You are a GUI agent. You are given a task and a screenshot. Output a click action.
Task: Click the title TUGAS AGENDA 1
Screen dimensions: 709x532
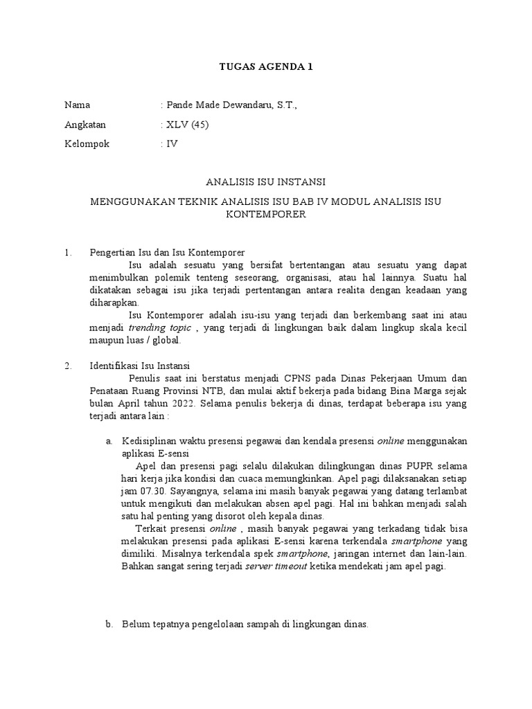266,67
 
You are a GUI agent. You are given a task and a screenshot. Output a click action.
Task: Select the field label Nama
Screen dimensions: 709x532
77,105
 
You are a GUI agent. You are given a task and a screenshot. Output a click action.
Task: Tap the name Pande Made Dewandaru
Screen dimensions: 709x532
216,105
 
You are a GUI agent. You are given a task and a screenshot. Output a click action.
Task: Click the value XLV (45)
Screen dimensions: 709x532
186,125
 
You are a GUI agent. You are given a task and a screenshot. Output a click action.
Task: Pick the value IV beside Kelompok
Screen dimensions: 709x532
171,144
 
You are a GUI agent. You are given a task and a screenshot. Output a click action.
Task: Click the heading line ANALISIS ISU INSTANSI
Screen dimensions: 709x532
266,182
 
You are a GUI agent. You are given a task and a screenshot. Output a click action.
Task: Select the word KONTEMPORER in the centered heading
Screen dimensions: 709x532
266,215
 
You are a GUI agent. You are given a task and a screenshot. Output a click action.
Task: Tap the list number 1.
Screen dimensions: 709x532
67,253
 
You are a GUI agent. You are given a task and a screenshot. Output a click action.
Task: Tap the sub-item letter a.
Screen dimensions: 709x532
109,441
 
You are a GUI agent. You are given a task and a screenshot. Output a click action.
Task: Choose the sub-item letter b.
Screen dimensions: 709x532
109,624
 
